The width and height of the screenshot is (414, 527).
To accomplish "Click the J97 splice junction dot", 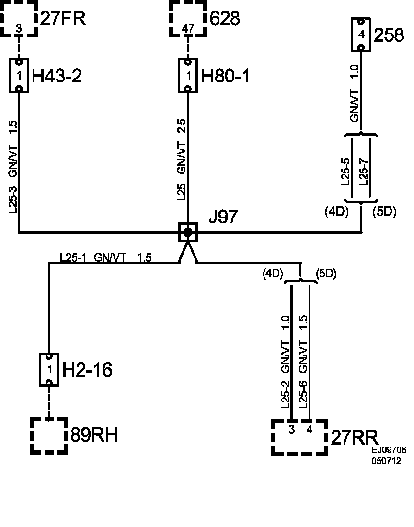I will tap(188, 232).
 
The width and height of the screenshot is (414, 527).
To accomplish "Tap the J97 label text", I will tap(223, 217).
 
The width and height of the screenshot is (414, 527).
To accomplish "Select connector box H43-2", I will tap(19, 76).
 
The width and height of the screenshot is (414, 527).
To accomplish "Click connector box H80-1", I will tap(188, 76).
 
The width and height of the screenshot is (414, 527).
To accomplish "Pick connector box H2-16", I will tap(49, 369).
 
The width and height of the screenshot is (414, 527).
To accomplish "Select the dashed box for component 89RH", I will tap(49, 435).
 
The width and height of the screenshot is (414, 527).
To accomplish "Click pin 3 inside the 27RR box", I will tap(292, 429).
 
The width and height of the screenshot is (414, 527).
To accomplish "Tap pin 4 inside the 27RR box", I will tap(310, 429).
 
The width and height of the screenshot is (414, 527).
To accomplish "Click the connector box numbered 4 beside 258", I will tap(361, 34).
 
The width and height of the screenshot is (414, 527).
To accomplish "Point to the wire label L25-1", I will tap(73, 257).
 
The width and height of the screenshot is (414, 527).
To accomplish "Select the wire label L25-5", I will tap(345, 171).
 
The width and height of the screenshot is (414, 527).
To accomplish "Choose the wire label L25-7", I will tap(363, 171).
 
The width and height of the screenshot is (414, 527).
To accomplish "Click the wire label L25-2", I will tap(285, 394).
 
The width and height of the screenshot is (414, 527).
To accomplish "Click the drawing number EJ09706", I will tap(389, 451).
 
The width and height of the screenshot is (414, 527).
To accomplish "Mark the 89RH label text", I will tap(94, 435).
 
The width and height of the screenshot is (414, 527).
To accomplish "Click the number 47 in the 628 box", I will tap(188, 28).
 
